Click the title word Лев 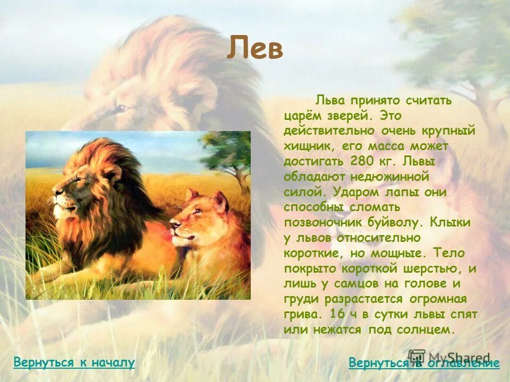(x=255, y=50)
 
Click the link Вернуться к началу (x=74, y=363)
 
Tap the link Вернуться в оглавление (x=424, y=363)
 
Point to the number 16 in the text (x=336, y=314)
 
